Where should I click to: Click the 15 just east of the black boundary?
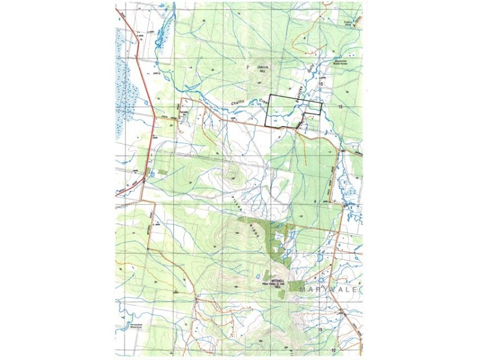340,106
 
